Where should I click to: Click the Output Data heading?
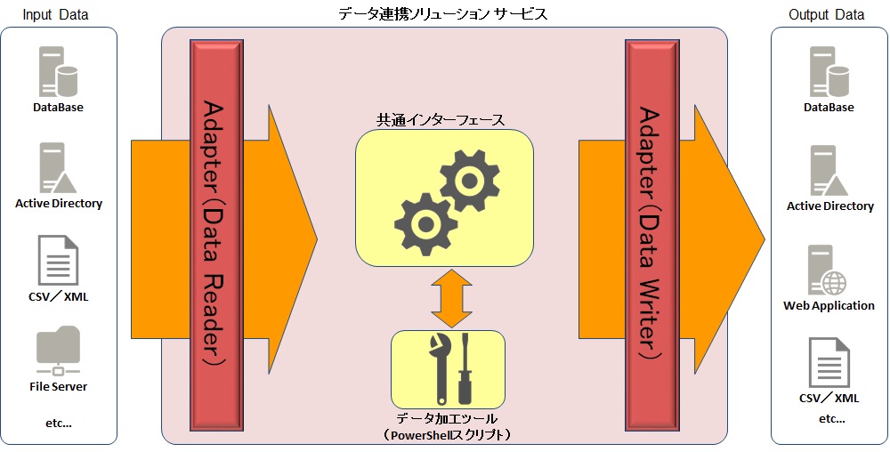(826, 14)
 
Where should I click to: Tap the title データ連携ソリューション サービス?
(443, 14)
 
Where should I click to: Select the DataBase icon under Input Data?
(58, 72)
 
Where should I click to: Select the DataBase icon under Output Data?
(829, 72)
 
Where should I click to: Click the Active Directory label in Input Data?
(59, 204)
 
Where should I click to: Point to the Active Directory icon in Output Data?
(829, 171)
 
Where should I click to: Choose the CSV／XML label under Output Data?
(828, 399)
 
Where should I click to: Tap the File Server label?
(58, 387)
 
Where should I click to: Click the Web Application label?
(829, 306)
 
